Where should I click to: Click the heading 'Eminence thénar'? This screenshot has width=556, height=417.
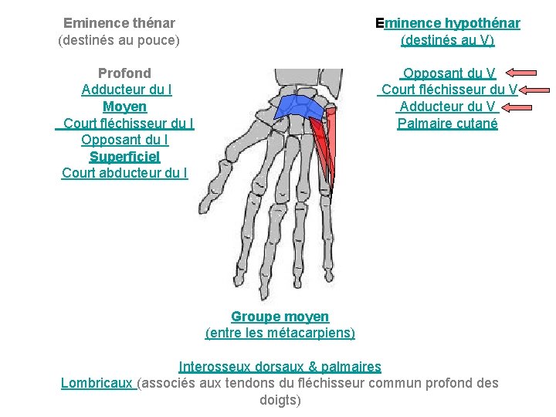119,23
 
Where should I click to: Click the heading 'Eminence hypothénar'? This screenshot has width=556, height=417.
447,23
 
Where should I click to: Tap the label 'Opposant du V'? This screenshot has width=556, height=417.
449,73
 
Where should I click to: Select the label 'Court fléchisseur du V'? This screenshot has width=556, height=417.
449,90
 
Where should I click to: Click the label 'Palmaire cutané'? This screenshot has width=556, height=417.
448,124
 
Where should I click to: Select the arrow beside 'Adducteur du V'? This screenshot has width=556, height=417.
527,107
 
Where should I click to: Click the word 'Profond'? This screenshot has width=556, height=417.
124,73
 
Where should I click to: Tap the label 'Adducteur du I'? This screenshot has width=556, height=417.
126,90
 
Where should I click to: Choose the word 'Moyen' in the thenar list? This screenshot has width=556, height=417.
124,107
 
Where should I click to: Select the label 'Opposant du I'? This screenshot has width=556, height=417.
124,140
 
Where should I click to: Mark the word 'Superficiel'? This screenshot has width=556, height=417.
124,157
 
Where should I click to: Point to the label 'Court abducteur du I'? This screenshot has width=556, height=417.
124,173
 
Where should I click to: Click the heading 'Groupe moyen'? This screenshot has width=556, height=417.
280,317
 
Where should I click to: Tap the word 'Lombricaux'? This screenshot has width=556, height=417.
97,383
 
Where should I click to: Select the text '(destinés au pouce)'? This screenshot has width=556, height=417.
119,40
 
